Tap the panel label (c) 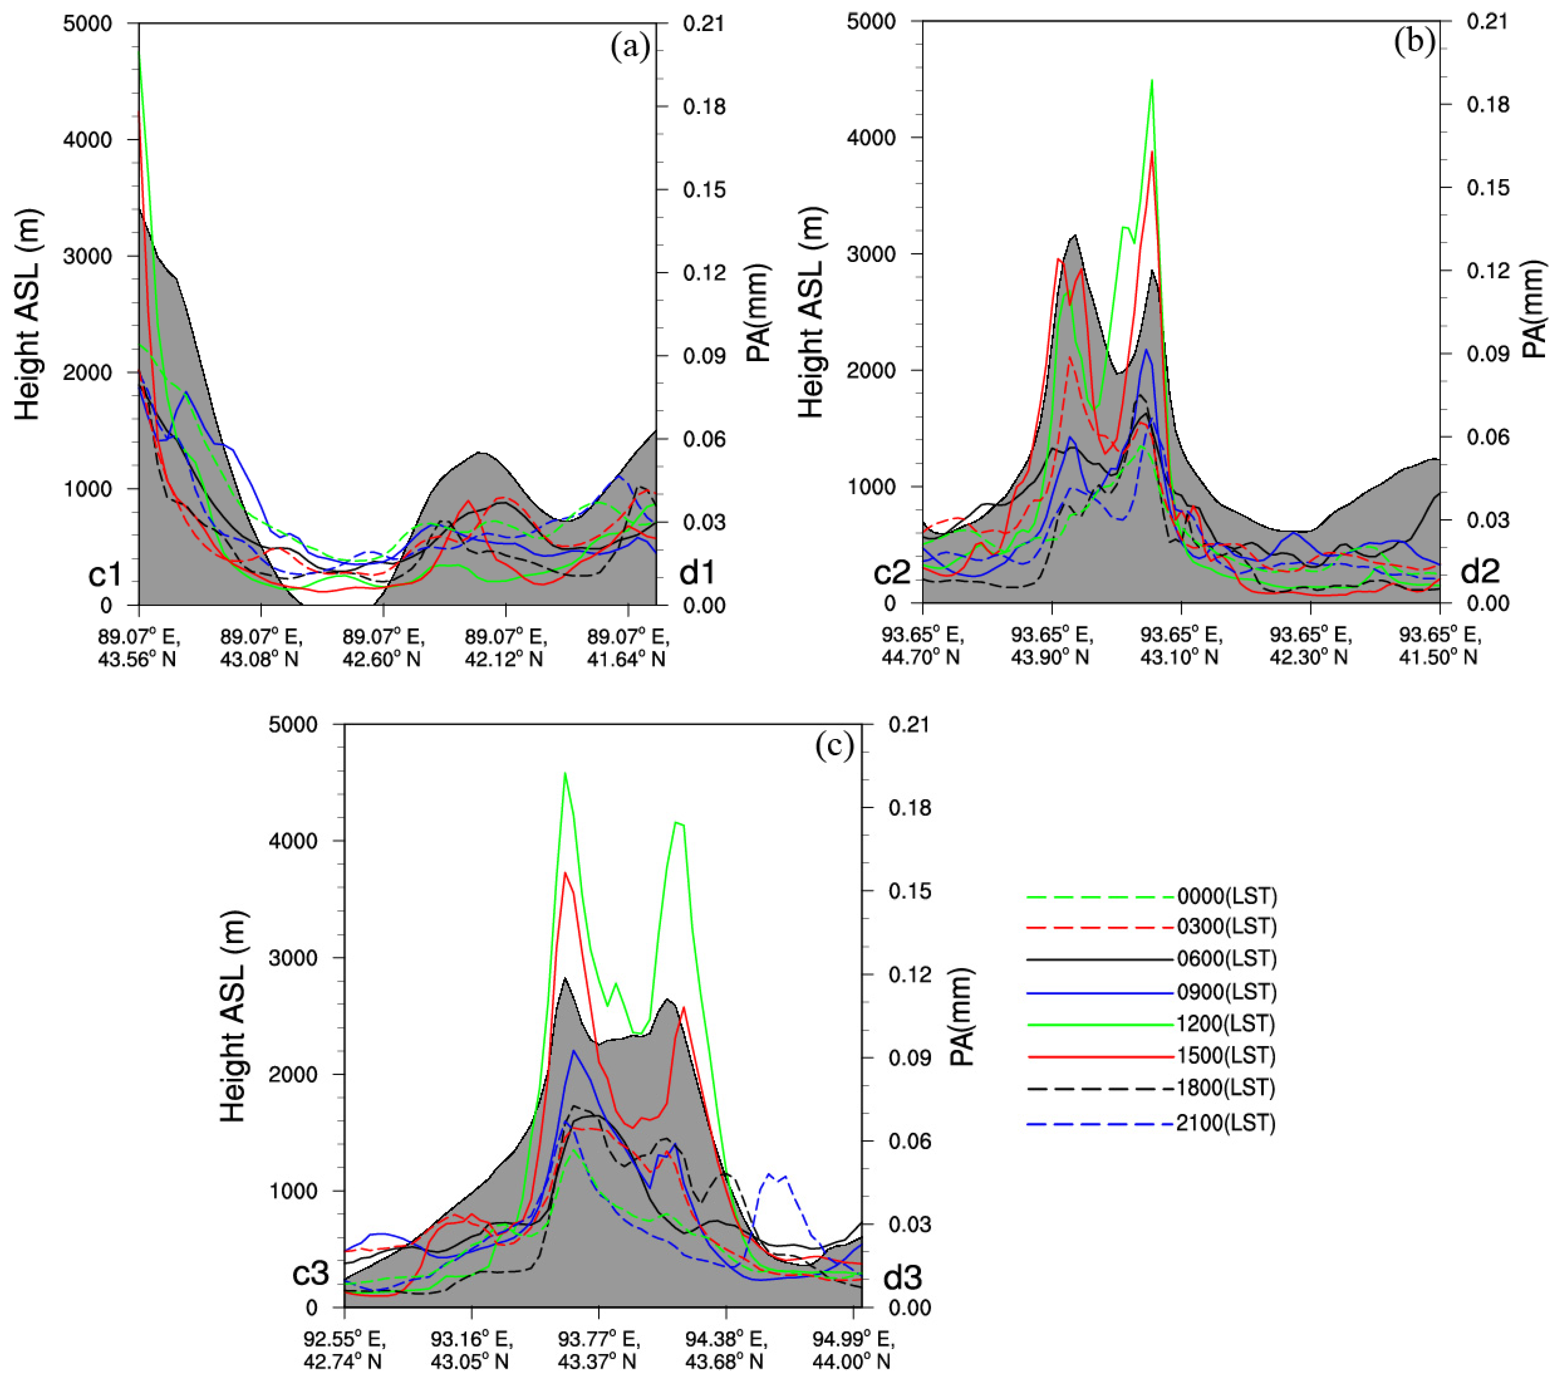coord(834,745)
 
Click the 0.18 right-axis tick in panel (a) coord(704,107)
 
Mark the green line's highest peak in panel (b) coord(1152,80)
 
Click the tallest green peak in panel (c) coord(565,774)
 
